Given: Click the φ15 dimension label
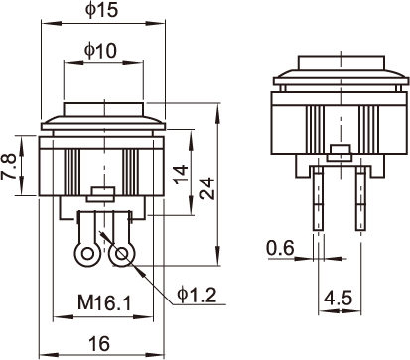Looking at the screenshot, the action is pyautogui.click(x=101, y=10).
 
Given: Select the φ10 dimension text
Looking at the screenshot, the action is pyautogui.click(x=100, y=51).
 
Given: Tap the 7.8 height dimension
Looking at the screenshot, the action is pyautogui.click(x=9, y=167).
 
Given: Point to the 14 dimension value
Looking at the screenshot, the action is pyautogui.click(x=181, y=174).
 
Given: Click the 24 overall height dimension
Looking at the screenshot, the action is pyautogui.click(x=207, y=188).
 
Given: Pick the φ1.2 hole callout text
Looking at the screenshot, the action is pyautogui.click(x=197, y=295).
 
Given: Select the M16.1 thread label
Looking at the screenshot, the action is pyautogui.click(x=104, y=302).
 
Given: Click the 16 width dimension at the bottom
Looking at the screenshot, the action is pyautogui.click(x=99, y=343).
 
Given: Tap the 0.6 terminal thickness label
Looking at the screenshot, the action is pyautogui.click(x=280, y=248).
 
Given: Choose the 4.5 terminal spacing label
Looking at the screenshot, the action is pyautogui.click(x=338, y=299).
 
